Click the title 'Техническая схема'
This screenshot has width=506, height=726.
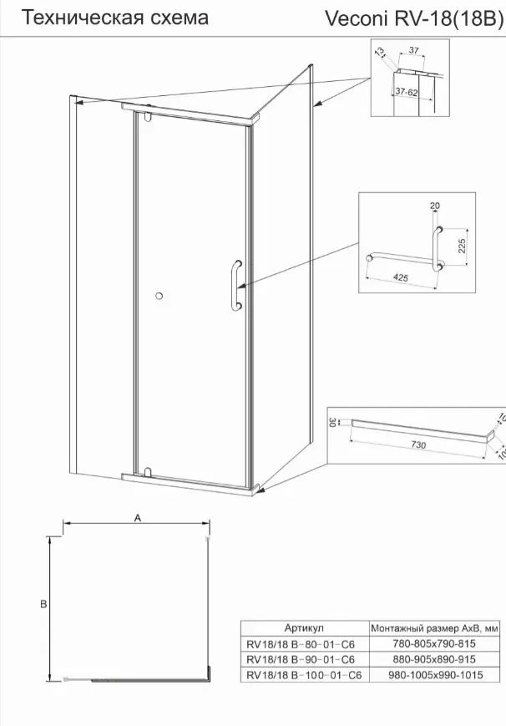click(115, 18)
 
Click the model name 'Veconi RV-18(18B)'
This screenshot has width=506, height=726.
click(413, 19)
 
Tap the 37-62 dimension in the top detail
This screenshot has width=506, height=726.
click(407, 92)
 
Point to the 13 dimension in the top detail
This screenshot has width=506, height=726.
click(380, 52)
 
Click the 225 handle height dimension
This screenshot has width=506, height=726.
click(462, 246)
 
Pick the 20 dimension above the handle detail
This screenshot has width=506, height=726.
click(435, 206)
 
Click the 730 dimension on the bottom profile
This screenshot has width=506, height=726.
click(418, 445)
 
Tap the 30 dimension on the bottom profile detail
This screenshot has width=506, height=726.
click(332, 422)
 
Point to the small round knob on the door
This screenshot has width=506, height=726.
click(159, 296)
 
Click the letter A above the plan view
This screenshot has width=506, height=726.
click(137, 518)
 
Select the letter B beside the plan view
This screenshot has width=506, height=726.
click(44, 604)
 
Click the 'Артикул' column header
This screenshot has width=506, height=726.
click(304, 628)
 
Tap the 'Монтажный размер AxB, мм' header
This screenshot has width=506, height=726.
click(435, 628)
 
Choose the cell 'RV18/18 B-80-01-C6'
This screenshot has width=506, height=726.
click(301, 644)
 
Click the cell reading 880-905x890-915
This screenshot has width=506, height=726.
click(434, 659)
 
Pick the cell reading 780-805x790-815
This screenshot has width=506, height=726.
click(434, 643)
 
